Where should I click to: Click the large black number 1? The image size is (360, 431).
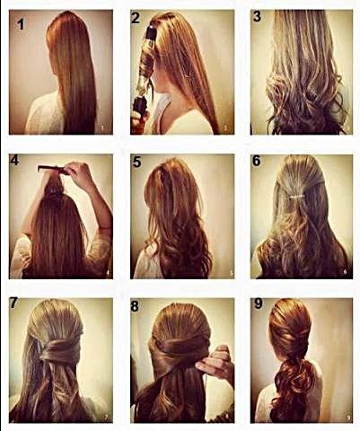click(21, 24)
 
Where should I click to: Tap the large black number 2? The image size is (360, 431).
click(136, 18)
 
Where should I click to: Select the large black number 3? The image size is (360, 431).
click(257, 16)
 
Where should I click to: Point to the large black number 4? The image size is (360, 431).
click(14, 160)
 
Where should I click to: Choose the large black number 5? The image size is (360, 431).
click(136, 162)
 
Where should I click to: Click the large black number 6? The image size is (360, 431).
click(257, 161)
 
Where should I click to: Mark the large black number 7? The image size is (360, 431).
click(14, 303)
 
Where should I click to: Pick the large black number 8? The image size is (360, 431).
click(135, 306)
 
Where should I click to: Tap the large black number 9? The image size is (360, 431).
click(259, 303)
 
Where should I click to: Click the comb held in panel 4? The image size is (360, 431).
click(52, 170)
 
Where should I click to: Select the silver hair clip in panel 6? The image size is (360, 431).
click(297, 197)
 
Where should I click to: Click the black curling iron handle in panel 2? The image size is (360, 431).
click(140, 105)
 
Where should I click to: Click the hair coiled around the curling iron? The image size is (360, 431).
click(146, 65)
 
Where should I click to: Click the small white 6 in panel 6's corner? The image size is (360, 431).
click(345, 272)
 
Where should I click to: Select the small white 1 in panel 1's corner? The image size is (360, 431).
click(102, 128)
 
